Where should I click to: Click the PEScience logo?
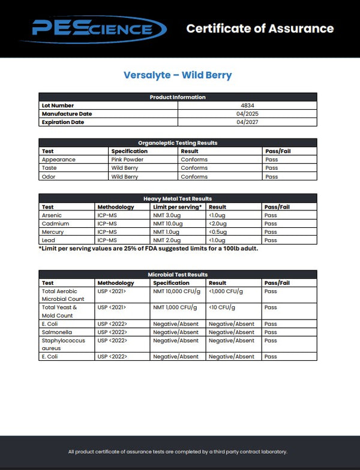[98, 29]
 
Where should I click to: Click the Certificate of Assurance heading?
[260, 28]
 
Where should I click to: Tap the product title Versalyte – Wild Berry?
[178, 76]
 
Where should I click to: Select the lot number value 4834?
[247, 106]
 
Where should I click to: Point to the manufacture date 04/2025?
[247, 114]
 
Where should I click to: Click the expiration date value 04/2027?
[247, 122]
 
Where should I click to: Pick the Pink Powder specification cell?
[127, 159]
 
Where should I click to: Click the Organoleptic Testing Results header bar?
[178, 143]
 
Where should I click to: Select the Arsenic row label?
[52, 215]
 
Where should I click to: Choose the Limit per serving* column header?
[178, 207]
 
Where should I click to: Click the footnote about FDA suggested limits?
[148, 249]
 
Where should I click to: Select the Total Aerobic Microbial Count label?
[63, 294]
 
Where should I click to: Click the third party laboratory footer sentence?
[178, 451]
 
